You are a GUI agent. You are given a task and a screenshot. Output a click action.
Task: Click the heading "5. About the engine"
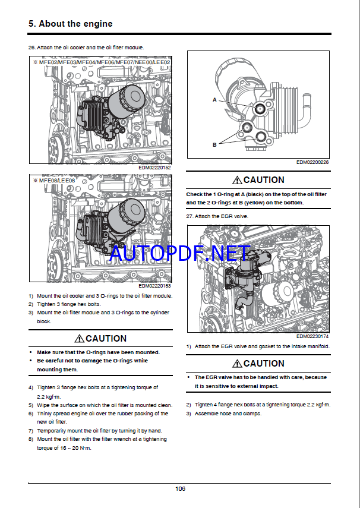click(71, 24)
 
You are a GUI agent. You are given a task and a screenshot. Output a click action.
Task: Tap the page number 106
click(180, 488)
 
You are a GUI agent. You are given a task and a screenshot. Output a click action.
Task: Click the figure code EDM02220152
click(154, 168)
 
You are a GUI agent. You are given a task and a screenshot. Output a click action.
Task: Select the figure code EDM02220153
click(154, 286)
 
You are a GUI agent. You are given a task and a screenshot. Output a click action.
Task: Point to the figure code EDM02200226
click(313, 162)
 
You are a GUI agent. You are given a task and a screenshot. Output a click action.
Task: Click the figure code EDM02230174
click(313, 337)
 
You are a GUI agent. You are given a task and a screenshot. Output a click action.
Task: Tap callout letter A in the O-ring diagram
click(214, 100)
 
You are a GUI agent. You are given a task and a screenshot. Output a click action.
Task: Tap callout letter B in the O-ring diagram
click(214, 144)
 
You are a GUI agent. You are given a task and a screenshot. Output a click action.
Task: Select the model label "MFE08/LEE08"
click(56, 179)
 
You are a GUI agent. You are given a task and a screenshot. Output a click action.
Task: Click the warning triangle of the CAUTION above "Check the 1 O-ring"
click(238, 180)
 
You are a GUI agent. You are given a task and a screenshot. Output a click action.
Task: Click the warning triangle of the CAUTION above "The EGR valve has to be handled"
click(238, 364)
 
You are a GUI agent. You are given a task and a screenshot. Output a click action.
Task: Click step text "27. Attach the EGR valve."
click(217, 216)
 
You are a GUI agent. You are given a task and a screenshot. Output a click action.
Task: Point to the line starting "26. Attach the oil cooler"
click(86, 47)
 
